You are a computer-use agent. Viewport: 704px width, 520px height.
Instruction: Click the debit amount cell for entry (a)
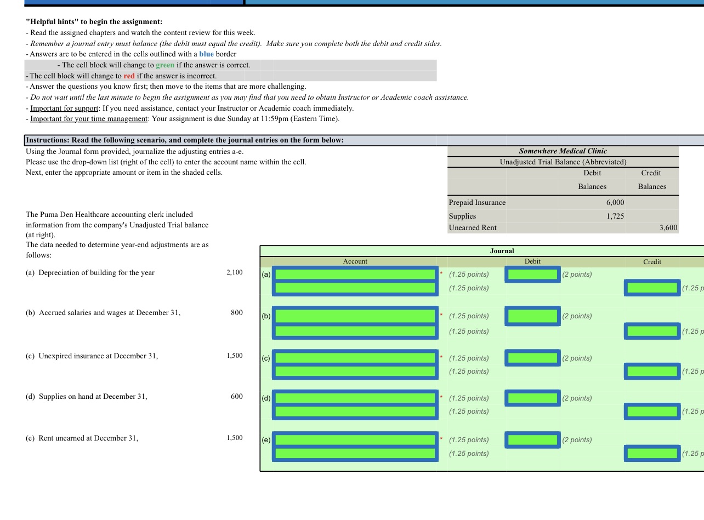click(x=532, y=274)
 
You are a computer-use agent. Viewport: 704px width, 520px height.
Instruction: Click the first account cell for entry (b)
click(x=355, y=316)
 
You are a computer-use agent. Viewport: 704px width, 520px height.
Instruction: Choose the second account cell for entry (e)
click(x=355, y=454)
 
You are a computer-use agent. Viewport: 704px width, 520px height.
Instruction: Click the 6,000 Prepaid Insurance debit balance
click(x=615, y=203)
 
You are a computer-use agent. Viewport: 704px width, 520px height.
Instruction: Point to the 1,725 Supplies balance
click(x=615, y=216)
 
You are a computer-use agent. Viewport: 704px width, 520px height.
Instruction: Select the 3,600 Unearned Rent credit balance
click(x=668, y=228)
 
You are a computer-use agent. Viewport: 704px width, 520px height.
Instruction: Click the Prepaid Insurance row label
click(x=477, y=203)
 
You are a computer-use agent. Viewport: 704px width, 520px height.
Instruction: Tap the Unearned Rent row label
click(x=472, y=228)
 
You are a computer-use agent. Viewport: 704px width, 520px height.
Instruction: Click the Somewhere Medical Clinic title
click(x=563, y=151)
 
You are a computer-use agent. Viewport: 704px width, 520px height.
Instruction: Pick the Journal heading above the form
click(x=502, y=251)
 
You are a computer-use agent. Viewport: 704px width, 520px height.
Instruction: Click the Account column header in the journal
click(x=355, y=262)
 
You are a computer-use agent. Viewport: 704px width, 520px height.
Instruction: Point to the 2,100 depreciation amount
click(x=234, y=273)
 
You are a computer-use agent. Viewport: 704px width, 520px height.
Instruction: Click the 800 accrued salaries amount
click(x=236, y=313)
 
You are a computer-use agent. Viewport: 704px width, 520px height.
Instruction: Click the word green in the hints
click(x=165, y=65)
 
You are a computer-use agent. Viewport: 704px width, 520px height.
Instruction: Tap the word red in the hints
click(x=129, y=76)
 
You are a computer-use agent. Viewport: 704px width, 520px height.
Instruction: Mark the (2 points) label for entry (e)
click(x=577, y=440)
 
